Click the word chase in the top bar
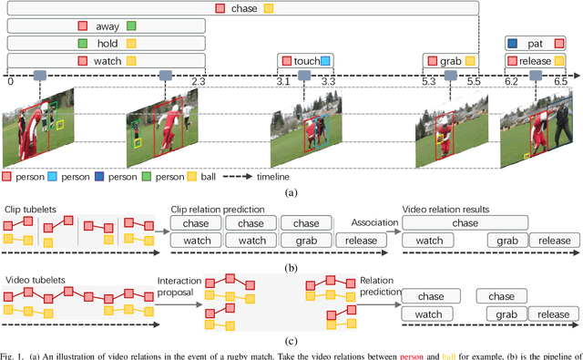(x=243, y=8)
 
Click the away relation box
(x=107, y=26)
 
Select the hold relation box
(x=107, y=43)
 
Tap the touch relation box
(x=306, y=61)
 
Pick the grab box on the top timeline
(x=451, y=61)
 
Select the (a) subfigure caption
(x=291, y=193)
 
